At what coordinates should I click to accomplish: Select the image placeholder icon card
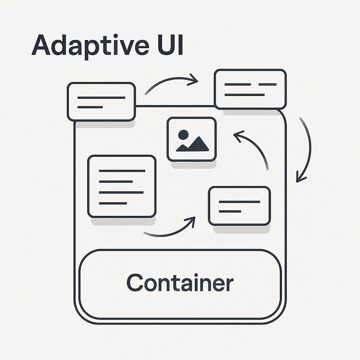tap(192, 139)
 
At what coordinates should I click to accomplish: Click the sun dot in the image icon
tap(183, 134)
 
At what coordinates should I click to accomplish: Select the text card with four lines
tap(122, 186)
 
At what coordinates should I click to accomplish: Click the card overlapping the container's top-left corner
tap(101, 101)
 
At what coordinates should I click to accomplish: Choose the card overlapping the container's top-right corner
tap(250, 89)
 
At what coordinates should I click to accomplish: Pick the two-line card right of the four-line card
tap(239, 206)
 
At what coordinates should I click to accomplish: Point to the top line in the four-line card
tap(122, 171)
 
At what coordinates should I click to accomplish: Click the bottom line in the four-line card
tap(113, 203)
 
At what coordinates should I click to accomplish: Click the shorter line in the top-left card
tap(90, 107)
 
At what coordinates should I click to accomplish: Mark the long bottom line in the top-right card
tap(244, 95)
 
